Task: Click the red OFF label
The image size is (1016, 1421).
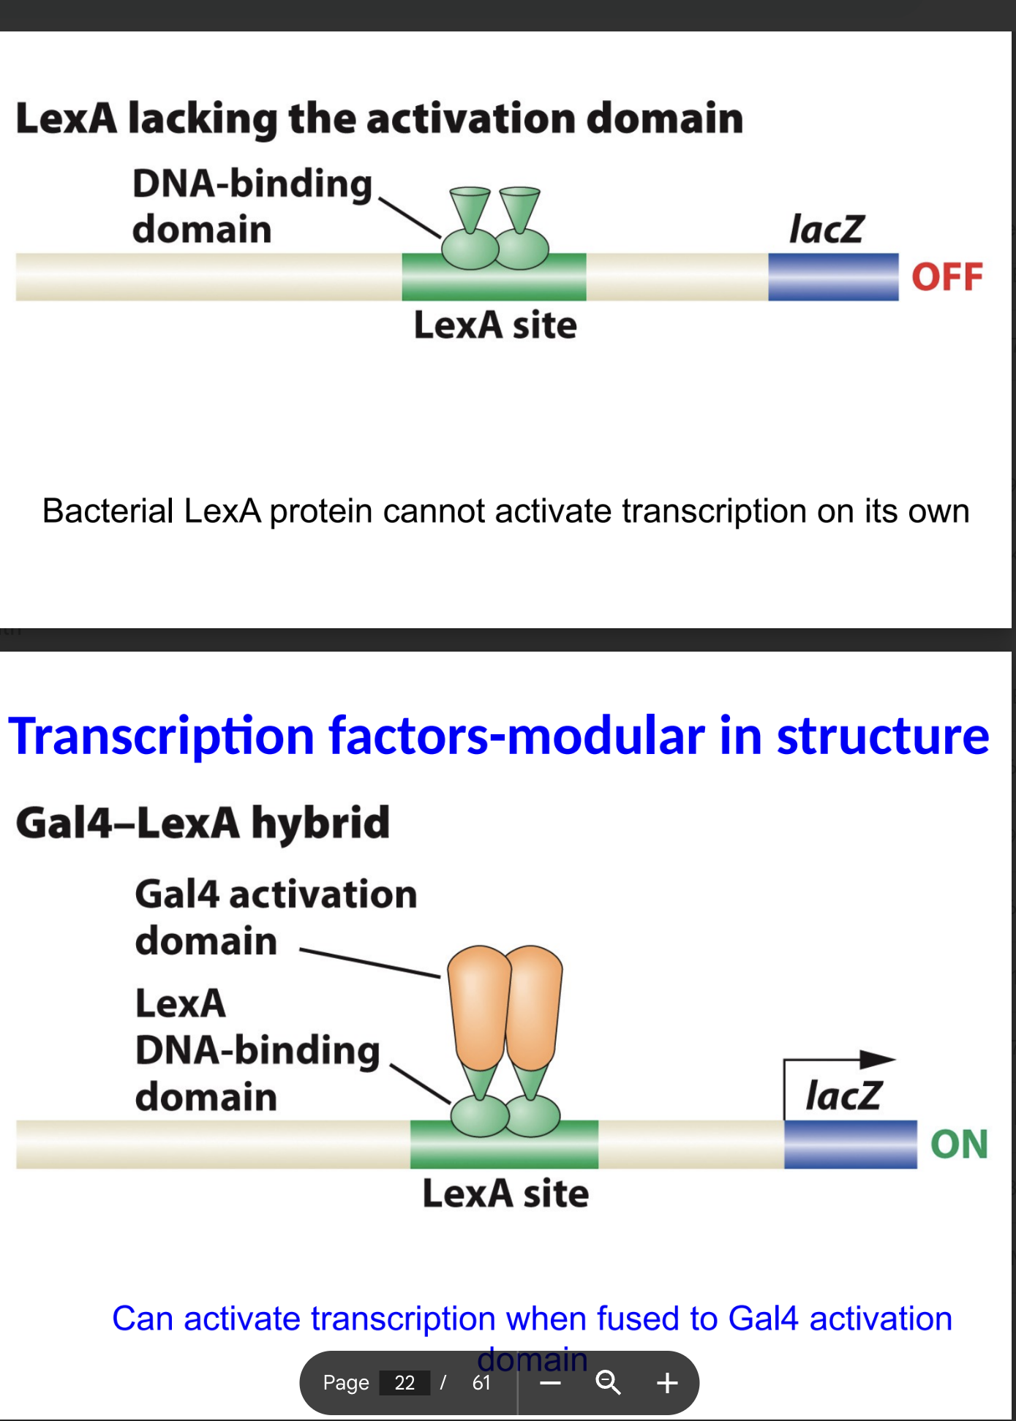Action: pos(947,277)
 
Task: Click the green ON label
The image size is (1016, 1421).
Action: pos(959,1145)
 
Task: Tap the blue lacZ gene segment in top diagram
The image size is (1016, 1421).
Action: pos(832,277)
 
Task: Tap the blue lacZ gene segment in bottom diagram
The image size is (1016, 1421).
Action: pos(850,1145)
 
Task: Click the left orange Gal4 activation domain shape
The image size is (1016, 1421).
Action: pos(478,1006)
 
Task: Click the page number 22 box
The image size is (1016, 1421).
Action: pos(404,1382)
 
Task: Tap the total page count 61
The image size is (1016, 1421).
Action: pos(481,1382)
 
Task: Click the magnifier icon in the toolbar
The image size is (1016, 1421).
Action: pos(608,1382)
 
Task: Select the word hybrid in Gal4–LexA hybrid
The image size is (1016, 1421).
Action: pos(320,823)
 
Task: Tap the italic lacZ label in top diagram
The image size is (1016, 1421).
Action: pos(827,229)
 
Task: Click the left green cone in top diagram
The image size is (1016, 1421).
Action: pos(469,207)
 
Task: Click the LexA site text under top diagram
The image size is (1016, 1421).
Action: pos(495,325)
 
